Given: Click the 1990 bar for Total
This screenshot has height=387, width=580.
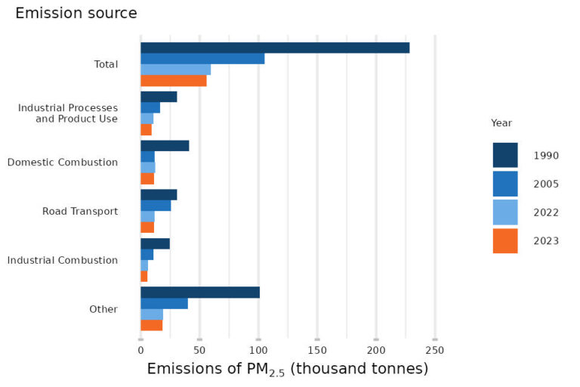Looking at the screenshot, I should point(275,48).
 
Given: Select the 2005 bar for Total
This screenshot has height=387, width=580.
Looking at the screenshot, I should point(202,59).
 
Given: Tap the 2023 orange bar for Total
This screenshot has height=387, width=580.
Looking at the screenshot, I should point(174,81).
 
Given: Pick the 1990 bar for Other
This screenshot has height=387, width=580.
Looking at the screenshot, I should point(200,293).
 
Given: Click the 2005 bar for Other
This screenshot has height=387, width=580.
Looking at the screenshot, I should point(164,304).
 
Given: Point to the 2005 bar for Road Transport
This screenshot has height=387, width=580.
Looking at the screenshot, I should point(156,206).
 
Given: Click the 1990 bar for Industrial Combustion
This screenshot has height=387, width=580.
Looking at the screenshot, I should point(155,243).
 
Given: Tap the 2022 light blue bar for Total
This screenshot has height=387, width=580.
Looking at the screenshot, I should point(175,70).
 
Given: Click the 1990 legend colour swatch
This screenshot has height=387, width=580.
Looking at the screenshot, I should point(505,155).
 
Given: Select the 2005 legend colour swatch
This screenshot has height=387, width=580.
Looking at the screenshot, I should point(505,184).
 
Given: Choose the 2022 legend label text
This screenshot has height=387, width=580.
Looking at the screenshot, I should point(545,212).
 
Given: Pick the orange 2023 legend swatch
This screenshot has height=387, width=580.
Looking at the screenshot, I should point(505,241).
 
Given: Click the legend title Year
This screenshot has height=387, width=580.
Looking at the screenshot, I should point(501,122).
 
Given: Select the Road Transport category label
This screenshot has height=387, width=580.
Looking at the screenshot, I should point(80,211).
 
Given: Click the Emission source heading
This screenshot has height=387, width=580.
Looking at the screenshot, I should point(76,14).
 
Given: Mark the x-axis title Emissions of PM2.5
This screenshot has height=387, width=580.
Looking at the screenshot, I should point(287,369).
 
